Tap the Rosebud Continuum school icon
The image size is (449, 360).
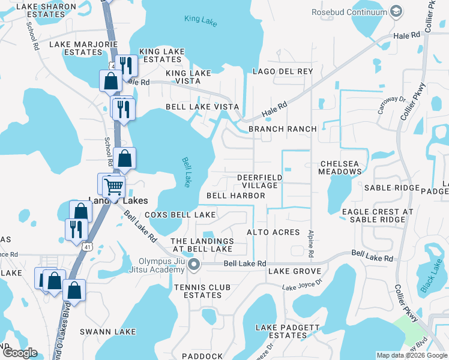396,11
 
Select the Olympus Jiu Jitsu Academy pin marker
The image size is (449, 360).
194,265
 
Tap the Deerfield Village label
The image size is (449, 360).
259,181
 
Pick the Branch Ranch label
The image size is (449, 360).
282,129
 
